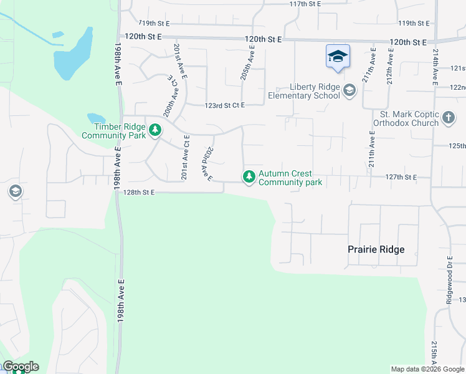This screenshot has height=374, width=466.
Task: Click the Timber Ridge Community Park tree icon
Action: coord(155,131)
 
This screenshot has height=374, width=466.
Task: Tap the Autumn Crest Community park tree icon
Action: coord(249,177)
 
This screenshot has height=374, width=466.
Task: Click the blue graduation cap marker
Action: coord(338,57)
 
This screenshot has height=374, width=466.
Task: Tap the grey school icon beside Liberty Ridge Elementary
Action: coord(349,91)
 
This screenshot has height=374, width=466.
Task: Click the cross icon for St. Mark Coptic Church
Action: coord(448,117)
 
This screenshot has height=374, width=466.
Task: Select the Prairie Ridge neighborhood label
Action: coord(376,249)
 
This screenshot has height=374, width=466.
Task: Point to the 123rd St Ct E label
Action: coord(224,105)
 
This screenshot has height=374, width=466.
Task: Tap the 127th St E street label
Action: coord(401,177)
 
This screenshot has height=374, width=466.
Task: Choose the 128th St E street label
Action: coord(138,193)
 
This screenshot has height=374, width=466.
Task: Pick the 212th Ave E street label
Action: coord(390,67)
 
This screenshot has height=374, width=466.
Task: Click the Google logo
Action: coord(21,367)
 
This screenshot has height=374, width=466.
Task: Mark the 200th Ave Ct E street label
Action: coord(168,97)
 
